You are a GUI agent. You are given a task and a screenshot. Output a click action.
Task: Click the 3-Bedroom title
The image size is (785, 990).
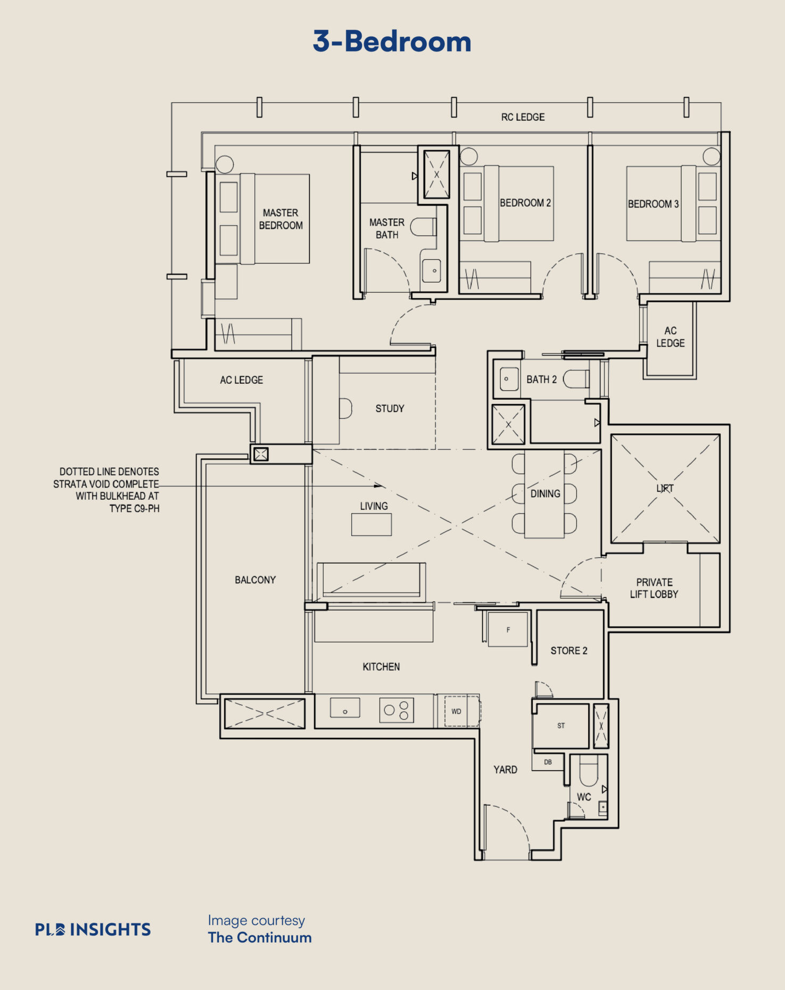pyautogui.click(x=392, y=42)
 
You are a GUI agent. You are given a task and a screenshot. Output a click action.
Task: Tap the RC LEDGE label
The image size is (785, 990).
pyautogui.click(x=523, y=117)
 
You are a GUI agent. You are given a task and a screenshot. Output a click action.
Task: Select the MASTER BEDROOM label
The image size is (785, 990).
pyautogui.click(x=280, y=219)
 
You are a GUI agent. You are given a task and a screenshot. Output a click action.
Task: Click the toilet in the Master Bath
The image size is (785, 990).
pyautogui.click(x=423, y=227)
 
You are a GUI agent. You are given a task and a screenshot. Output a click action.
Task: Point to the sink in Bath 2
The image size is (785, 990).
pyautogui.click(x=509, y=379)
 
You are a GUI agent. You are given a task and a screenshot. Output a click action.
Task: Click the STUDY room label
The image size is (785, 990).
pyautogui.click(x=390, y=409)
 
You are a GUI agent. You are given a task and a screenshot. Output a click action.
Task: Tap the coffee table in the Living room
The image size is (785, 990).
pyautogui.click(x=371, y=524)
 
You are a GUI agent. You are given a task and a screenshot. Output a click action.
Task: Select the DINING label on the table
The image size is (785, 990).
pyautogui.click(x=545, y=494)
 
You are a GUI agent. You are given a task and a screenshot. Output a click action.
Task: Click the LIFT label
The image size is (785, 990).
pyautogui.click(x=665, y=488)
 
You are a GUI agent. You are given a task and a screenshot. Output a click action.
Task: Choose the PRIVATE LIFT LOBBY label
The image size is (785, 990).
pyautogui.click(x=654, y=588)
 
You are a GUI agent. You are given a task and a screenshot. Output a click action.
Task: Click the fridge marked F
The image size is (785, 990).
pyautogui.click(x=508, y=630)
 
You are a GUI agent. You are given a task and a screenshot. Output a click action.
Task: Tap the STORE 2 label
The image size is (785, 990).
pyautogui.click(x=569, y=650)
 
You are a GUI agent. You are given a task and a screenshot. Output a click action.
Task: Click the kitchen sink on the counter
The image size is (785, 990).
pyautogui.click(x=345, y=708)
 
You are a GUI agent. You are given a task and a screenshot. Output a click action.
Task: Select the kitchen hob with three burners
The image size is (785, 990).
pyautogui.click(x=396, y=710)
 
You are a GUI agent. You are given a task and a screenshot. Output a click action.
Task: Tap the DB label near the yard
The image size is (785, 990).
pyautogui.click(x=548, y=762)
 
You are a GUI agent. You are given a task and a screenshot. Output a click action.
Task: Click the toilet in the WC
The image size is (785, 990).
pyautogui.click(x=588, y=771)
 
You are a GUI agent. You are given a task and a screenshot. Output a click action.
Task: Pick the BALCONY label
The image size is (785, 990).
pyautogui.click(x=255, y=580)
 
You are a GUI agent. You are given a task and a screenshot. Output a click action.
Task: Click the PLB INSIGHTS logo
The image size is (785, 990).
pyautogui.click(x=93, y=929)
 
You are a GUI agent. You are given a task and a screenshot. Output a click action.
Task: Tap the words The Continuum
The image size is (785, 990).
pyautogui.click(x=260, y=938)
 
